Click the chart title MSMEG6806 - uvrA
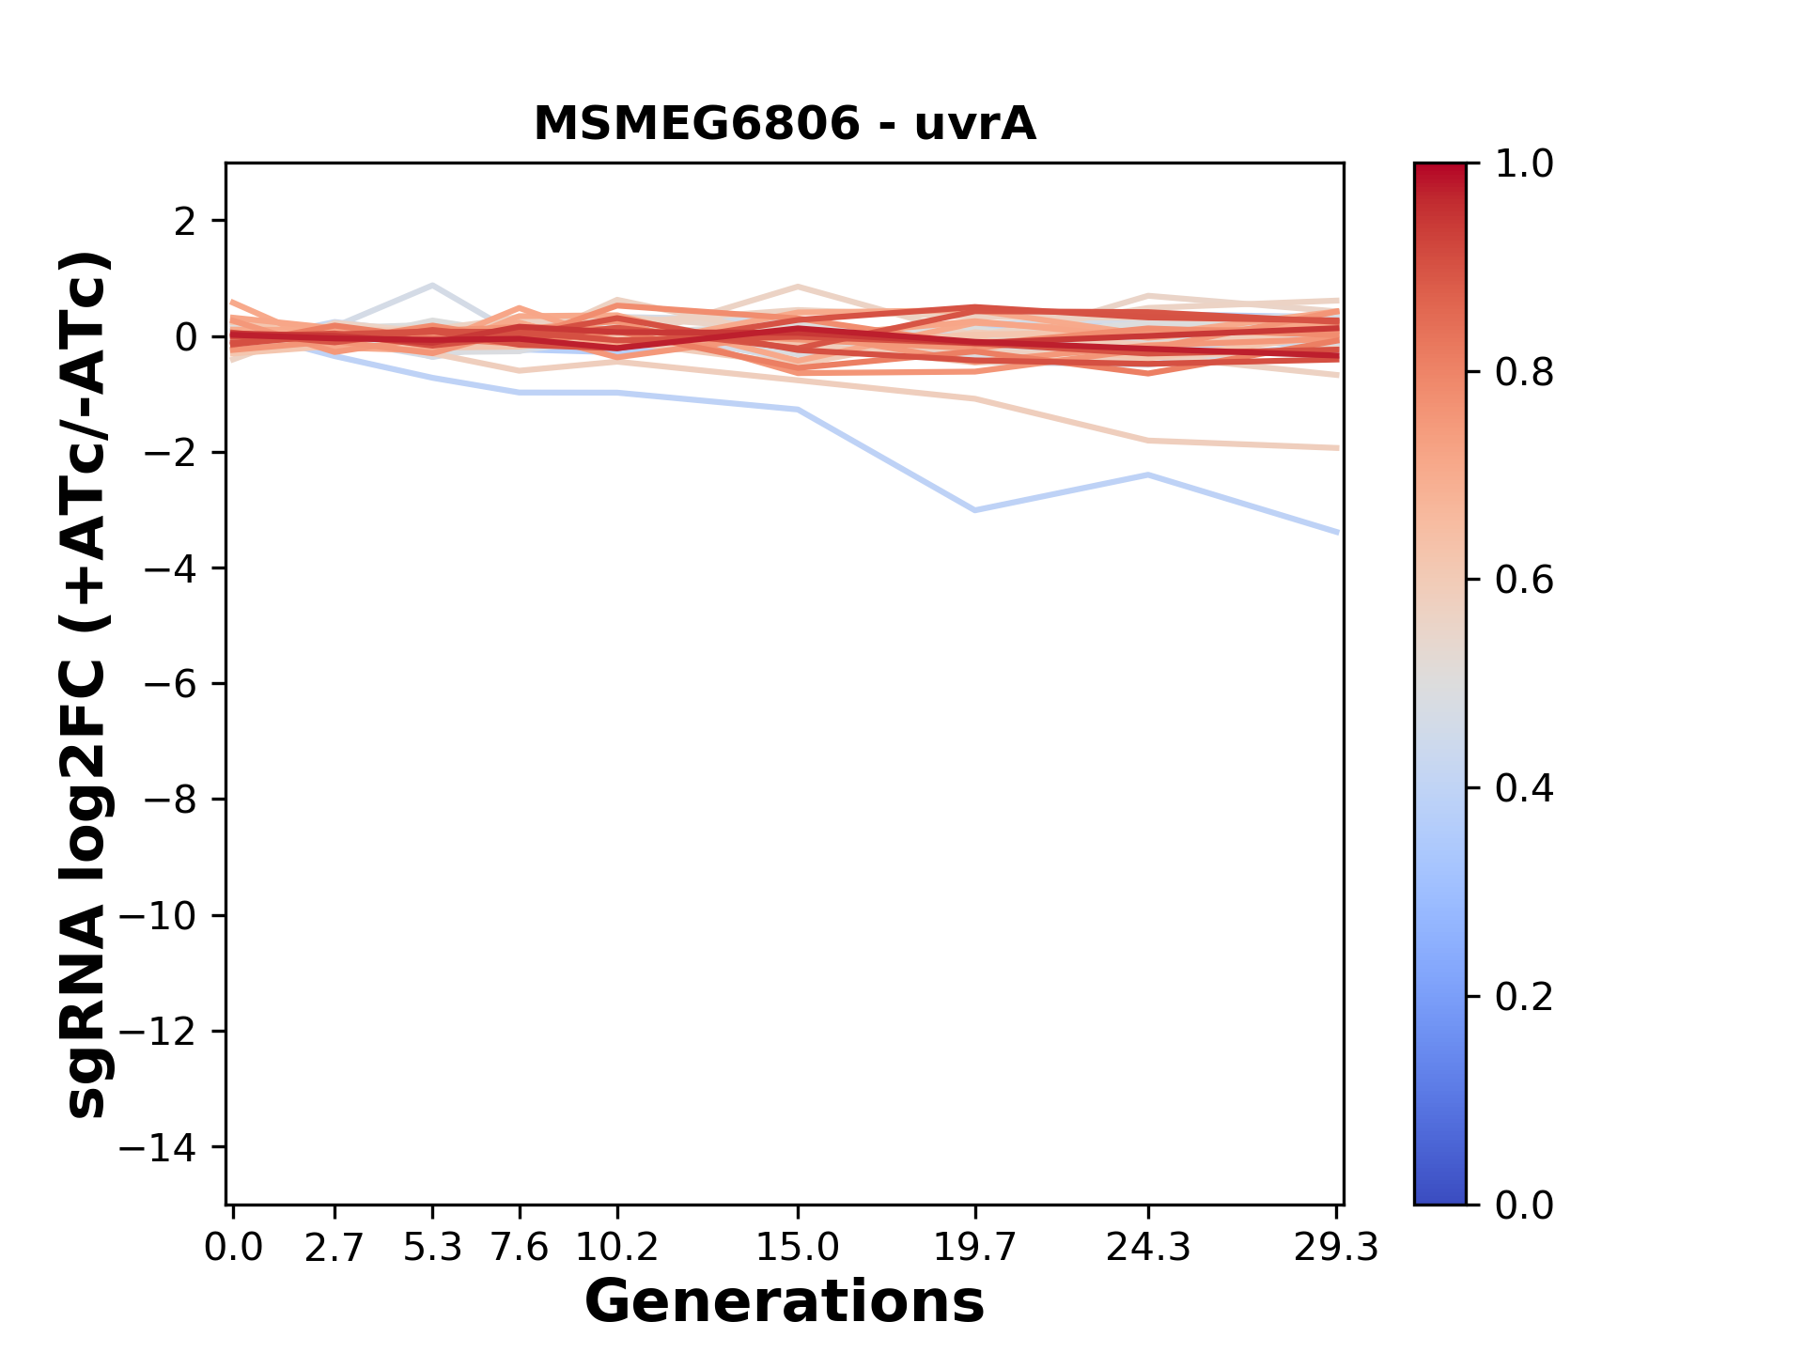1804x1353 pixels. (x=785, y=124)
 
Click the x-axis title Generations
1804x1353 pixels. (x=785, y=1302)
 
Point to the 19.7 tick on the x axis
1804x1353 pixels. (x=975, y=1248)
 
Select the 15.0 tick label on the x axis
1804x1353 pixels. (x=798, y=1248)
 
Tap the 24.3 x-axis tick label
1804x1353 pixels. (x=1147, y=1248)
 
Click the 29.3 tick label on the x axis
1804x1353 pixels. (x=1336, y=1248)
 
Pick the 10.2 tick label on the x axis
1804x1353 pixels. (x=616, y=1248)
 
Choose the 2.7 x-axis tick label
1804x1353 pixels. (x=334, y=1248)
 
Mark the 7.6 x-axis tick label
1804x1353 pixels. (x=520, y=1248)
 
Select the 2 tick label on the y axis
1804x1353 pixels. (x=186, y=221)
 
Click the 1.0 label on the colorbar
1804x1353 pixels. (x=1524, y=164)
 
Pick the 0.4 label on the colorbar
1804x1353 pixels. (x=1524, y=788)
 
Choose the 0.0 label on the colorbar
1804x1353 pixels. (x=1524, y=1205)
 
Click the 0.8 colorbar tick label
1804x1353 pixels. (x=1524, y=373)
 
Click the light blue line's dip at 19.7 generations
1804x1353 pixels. (x=975, y=510)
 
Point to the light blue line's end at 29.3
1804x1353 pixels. (x=1336, y=532)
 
